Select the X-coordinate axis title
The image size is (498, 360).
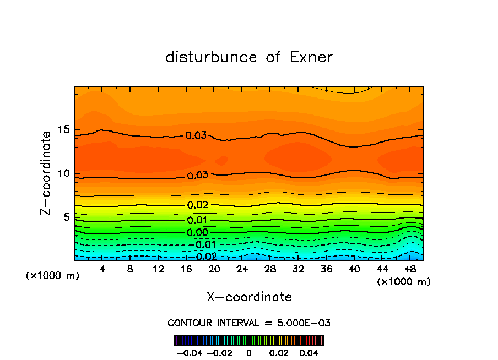pyautogui.click(x=249, y=297)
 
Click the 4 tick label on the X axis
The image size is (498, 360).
pyautogui.click(x=102, y=269)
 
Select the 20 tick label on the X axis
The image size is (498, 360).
pyautogui.click(x=214, y=269)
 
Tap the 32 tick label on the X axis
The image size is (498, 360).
pyautogui.click(x=298, y=269)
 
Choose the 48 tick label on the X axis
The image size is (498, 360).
pyautogui.click(x=409, y=269)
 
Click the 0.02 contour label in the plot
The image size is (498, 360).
pyautogui.click(x=198, y=205)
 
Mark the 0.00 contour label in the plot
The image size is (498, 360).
pyautogui.click(x=197, y=232)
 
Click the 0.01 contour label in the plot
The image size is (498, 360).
pyautogui.click(x=197, y=221)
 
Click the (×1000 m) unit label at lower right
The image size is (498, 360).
pyautogui.click(x=404, y=282)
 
